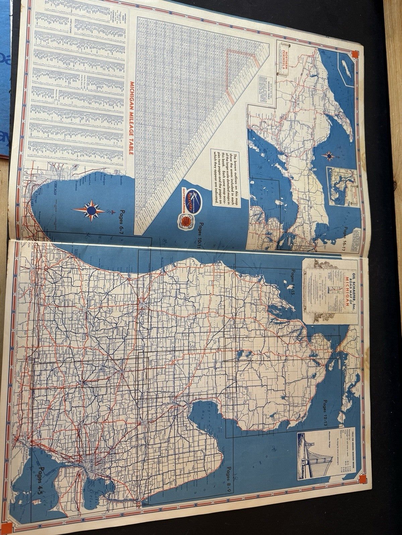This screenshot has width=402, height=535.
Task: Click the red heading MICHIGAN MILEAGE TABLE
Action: (132, 119)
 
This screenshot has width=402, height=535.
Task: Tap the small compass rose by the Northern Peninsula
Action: (329, 155)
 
